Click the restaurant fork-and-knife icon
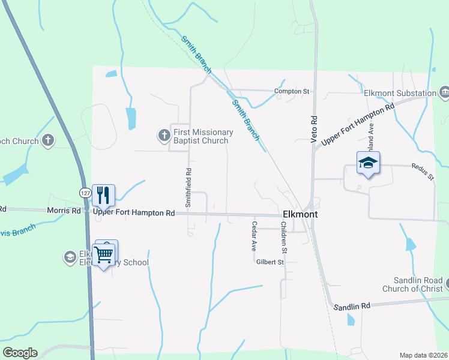tap(103, 194)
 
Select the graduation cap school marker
tap(368, 163)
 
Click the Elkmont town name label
tap(300, 214)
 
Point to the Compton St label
tap(291, 92)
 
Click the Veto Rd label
tap(313, 128)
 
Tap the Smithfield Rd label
tap(188, 187)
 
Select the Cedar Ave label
tap(254, 236)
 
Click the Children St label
tap(284, 236)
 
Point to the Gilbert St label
tap(270, 262)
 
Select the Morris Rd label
tap(64, 211)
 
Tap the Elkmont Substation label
tap(400, 93)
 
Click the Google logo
tap(20, 353)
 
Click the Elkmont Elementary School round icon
tap(70, 257)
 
